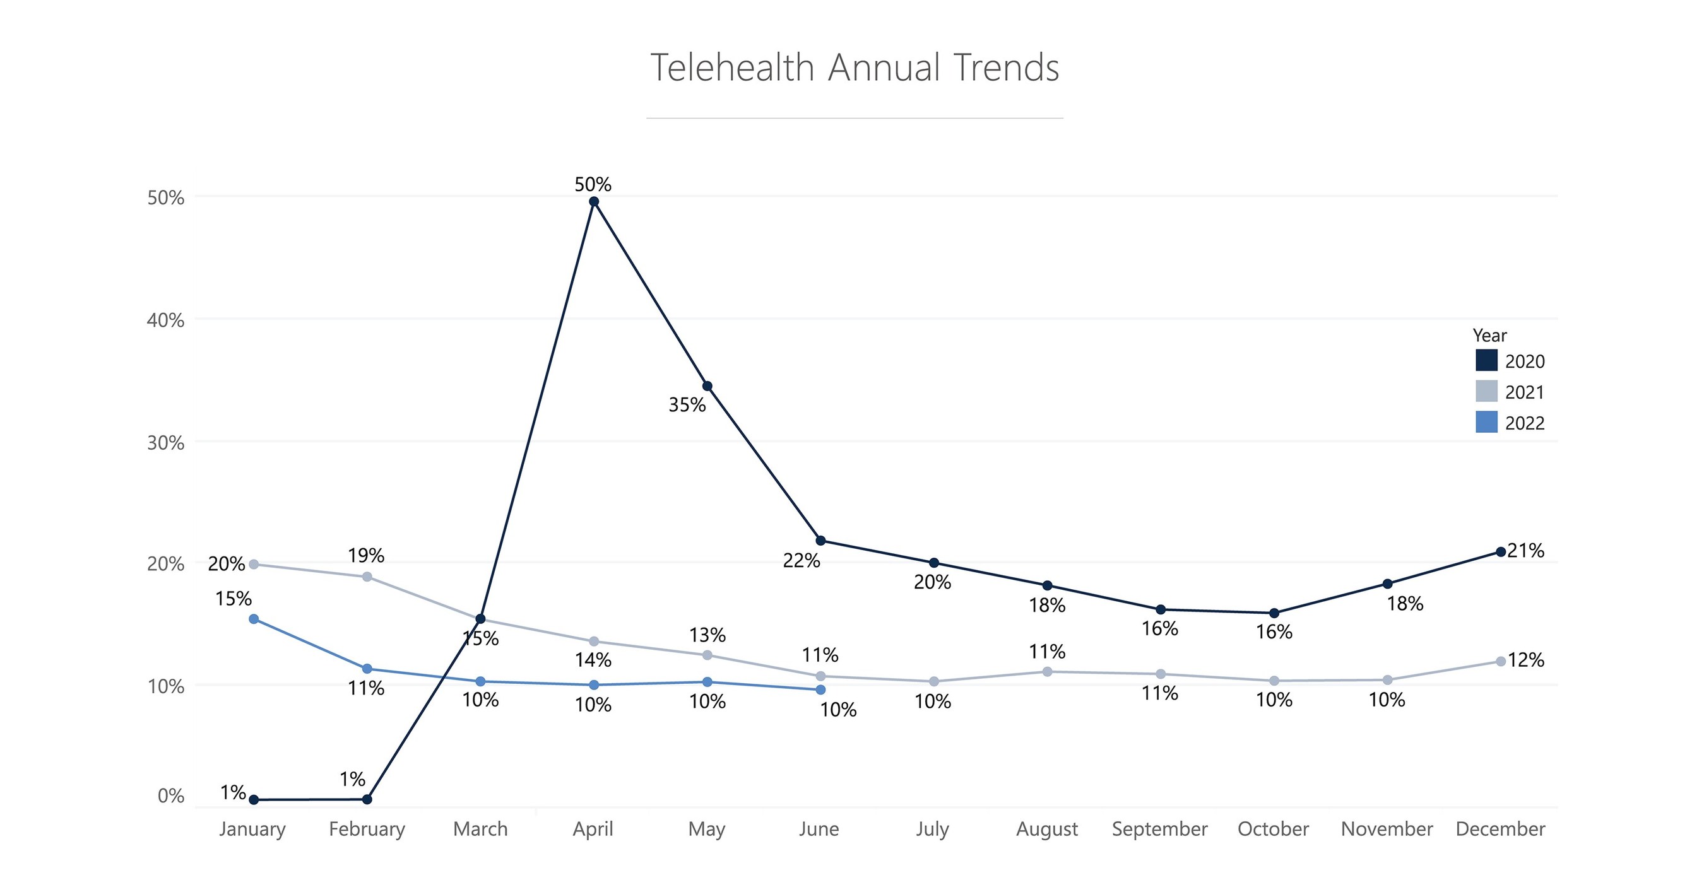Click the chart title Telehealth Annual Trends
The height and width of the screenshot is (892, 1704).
click(x=854, y=67)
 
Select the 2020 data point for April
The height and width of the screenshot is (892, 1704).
click(x=593, y=202)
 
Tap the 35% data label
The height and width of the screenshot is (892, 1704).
click(x=687, y=404)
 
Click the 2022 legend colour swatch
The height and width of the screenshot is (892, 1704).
click(x=1486, y=422)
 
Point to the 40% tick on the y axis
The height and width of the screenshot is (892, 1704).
click(x=165, y=320)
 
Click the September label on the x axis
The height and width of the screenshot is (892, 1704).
click(x=1159, y=828)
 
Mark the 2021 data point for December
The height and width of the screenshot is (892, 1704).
click(x=1500, y=661)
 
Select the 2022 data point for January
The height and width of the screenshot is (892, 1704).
click(x=253, y=619)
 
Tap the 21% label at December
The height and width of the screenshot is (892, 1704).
click(x=1525, y=550)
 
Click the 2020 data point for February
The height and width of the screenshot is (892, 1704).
click(x=367, y=799)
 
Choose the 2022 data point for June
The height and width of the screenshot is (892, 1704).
click(x=820, y=690)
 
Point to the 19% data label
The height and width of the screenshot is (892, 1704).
click(x=366, y=555)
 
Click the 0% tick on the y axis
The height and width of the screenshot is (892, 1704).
click(x=170, y=795)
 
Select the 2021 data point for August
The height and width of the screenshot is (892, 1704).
click(x=1047, y=672)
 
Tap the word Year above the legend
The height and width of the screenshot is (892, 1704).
click(x=1489, y=335)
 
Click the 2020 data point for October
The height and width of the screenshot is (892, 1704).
click(x=1274, y=613)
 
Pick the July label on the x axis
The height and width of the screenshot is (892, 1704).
click(x=932, y=828)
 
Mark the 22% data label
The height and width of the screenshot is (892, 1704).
click(x=801, y=561)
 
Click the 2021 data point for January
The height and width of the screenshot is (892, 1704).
click(x=253, y=564)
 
